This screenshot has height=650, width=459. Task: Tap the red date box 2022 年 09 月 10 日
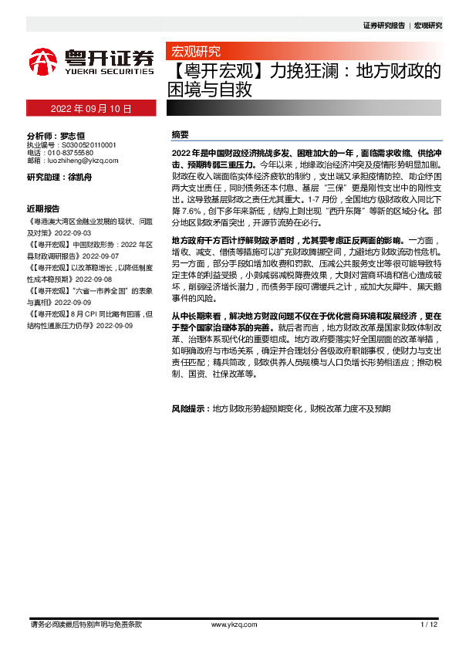pyautogui.click(x=91, y=109)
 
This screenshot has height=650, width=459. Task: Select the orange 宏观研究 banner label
pyautogui.click(x=195, y=52)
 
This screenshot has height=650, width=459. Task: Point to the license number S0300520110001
pyautogui.click(x=83, y=144)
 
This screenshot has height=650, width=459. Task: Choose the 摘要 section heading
pyautogui.click(x=180, y=134)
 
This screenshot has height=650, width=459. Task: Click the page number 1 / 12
pyautogui.click(x=429, y=624)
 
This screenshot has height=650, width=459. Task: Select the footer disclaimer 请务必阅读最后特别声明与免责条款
pyautogui.click(x=85, y=624)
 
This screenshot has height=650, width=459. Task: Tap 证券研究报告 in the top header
pyautogui.click(x=383, y=25)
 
